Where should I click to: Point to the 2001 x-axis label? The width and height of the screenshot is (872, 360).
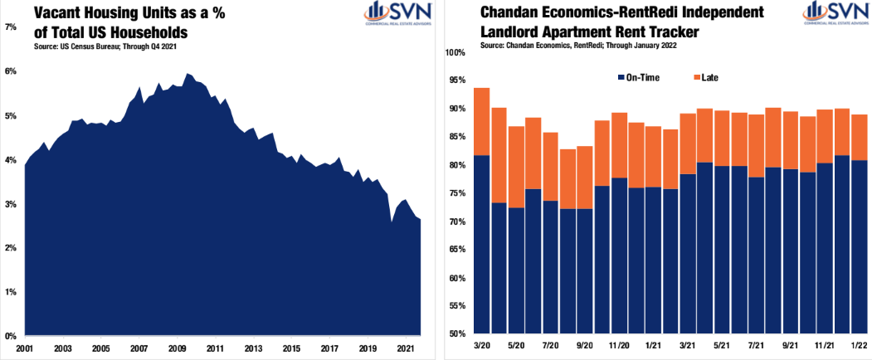click(25, 348)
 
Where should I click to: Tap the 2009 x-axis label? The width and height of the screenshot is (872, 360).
click(177, 348)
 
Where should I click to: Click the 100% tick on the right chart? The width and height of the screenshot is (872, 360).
click(458, 52)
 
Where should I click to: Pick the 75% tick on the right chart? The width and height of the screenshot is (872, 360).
click(460, 193)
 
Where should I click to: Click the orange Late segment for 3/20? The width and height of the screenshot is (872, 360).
click(481, 121)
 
